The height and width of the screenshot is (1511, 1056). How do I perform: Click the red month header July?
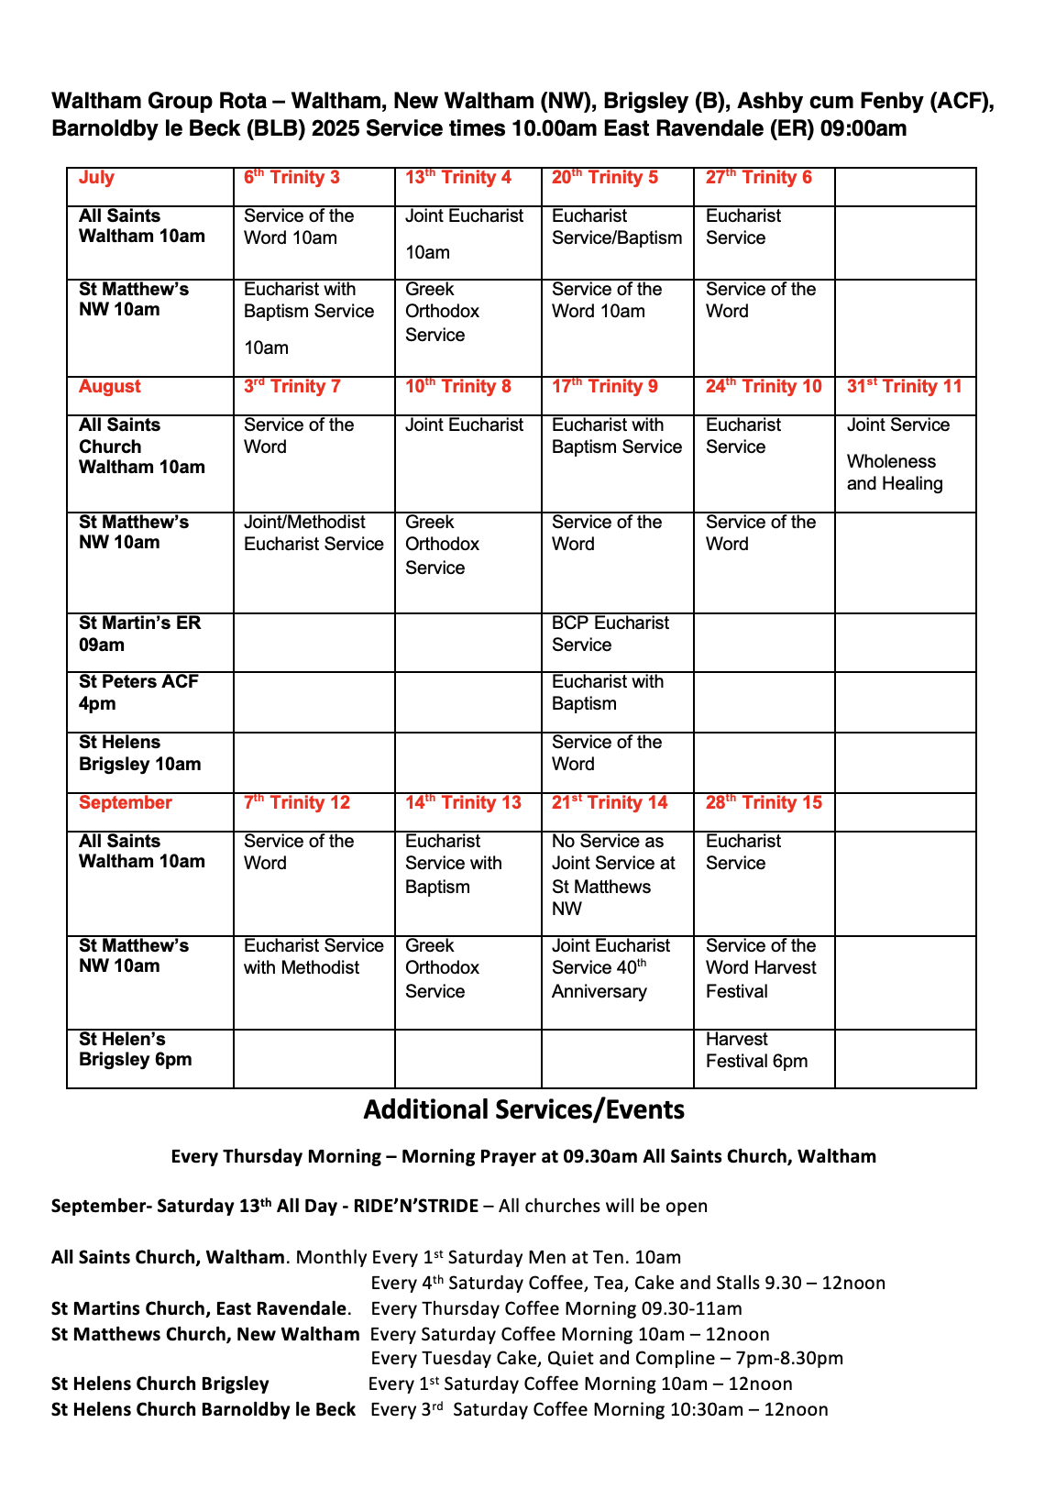point(96,178)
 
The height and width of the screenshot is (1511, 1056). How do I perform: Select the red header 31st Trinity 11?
point(904,386)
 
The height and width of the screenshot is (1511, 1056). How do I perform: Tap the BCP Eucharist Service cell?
point(610,634)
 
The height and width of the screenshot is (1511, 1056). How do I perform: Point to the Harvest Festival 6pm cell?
point(756,1051)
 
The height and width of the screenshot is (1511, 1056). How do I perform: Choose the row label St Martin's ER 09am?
point(139,634)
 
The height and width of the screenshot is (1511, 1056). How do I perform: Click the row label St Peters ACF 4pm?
point(138,692)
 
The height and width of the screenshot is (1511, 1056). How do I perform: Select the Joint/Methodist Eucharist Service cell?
point(313,533)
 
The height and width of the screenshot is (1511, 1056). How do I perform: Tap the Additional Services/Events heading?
point(523,1109)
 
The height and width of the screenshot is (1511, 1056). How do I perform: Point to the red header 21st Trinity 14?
point(610,802)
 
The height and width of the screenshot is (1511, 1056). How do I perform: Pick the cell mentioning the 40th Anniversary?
point(610,968)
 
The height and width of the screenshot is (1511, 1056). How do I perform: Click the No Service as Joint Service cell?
point(613,875)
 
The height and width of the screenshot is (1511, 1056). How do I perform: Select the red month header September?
point(126,802)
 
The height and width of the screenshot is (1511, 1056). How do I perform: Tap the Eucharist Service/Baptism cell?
point(616,227)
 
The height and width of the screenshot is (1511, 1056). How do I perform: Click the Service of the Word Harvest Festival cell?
point(760,968)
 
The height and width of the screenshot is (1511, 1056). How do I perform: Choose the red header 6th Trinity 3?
point(291,178)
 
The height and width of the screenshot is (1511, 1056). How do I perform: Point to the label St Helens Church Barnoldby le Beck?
point(203,1409)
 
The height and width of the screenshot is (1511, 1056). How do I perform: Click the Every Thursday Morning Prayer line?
point(523,1156)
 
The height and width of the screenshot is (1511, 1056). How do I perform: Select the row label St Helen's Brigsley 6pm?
point(136,1050)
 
